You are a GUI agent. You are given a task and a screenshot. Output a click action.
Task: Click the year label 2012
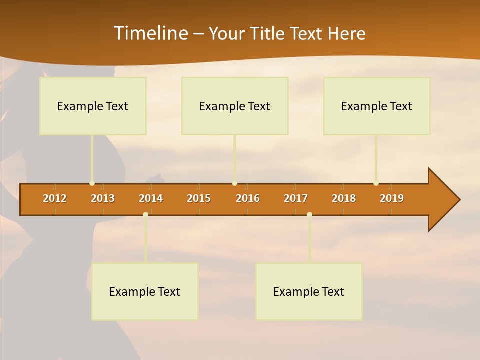[55, 198]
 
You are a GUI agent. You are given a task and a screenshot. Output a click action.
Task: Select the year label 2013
[103, 198]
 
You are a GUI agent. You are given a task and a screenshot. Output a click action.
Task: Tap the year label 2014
[151, 198]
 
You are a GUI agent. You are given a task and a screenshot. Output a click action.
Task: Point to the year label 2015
[199, 198]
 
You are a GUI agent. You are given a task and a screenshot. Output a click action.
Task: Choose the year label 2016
[248, 198]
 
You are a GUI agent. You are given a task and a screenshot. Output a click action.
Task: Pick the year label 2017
[296, 198]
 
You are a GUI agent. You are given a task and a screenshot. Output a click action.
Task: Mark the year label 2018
[344, 198]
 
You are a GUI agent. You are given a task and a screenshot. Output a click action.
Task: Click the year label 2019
[392, 198]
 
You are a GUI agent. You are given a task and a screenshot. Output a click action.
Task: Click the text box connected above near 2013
[93, 106]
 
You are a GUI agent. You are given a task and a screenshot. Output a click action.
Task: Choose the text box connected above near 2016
[235, 106]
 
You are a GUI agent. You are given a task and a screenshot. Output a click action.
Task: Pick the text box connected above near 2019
[377, 106]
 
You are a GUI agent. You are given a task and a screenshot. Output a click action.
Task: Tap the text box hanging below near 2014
[145, 291]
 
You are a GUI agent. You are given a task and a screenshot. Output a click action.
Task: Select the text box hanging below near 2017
[309, 291]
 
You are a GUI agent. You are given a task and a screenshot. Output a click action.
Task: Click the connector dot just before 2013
[92, 183]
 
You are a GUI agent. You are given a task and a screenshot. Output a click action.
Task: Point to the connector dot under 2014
[145, 214]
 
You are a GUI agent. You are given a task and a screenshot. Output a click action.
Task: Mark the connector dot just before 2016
[234, 183]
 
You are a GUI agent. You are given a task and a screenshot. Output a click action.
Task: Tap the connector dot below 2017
[309, 214]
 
